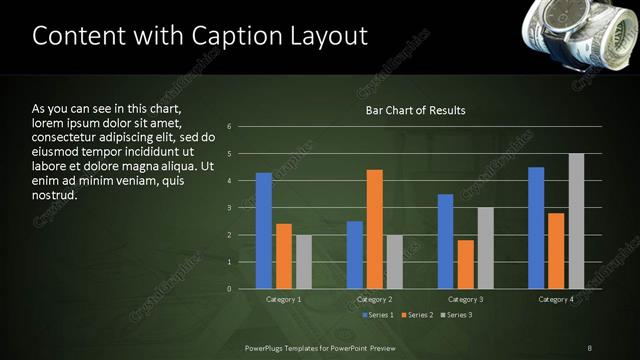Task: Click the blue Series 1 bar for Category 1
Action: point(264,231)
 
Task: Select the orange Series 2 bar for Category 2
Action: point(375,229)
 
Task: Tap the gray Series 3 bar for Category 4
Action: point(576,221)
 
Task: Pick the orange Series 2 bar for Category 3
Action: point(466,264)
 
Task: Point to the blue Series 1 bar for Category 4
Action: point(536,228)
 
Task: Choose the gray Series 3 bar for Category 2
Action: point(395,262)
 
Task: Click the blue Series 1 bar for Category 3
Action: point(446,241)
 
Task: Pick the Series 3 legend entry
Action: point(458,315)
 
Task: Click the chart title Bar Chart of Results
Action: point(415,109)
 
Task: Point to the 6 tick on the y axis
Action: point(230,127)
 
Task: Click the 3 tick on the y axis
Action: point(230,208)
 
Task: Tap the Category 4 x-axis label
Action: point(556,299)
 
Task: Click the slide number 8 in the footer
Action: point(589,347)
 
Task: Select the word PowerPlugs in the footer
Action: point(266,347)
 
